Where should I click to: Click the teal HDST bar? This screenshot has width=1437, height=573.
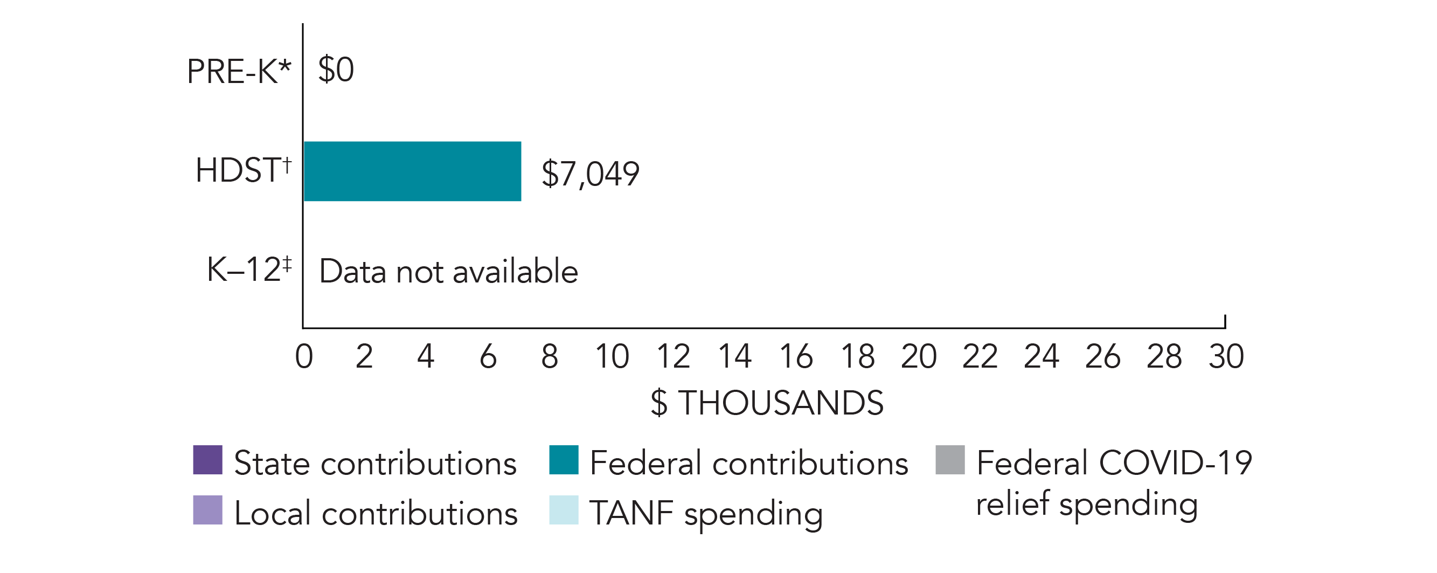click(x=412, y=171)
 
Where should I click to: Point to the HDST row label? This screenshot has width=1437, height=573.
click(x=243, y=170)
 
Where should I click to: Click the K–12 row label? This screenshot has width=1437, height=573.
click(x=249, y=270)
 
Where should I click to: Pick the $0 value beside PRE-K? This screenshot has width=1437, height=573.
click(x=336, y=70)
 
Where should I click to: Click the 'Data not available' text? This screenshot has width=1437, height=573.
click(x=448, y=272)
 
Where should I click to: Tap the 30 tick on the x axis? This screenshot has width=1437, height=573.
click(x=1226, y=356)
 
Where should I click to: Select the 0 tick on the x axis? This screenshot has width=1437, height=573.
click(x=304, y=356)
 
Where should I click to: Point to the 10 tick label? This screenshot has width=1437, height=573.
click(x=612, y=356)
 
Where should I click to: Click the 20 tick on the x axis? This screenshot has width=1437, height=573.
click(x=919, y=356)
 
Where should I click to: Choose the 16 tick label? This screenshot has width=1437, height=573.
click(x=796, y=356)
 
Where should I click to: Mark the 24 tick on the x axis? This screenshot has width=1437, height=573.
click(x=1042, y=356)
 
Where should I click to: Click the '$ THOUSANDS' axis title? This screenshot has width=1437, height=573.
click(x=767, y=402)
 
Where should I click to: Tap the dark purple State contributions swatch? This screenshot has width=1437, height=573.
click(x=207, y=460)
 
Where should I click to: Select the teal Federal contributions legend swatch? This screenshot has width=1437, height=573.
click(x=564, y=460)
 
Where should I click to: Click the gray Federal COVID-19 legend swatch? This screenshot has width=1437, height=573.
click(x=950, y=460)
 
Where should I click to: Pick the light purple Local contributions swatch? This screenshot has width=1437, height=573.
click(x=207, y=510)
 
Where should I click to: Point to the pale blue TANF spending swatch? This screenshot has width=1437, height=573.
click(x=564, y=510)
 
